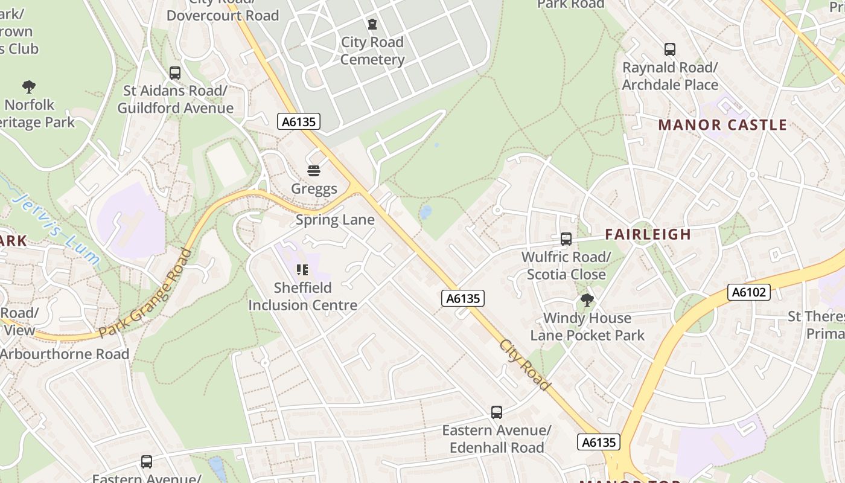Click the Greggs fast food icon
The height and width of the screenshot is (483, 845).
pos(313,171)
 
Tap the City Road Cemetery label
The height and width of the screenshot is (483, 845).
pos(372,51)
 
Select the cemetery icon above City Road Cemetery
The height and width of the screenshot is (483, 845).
pos(372,24)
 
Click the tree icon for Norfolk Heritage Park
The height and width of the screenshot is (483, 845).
pos(28,87)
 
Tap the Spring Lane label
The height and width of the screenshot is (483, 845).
pos(335,220)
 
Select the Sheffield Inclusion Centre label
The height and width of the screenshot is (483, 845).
pos(303,296)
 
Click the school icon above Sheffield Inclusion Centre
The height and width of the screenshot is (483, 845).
pos(302,270)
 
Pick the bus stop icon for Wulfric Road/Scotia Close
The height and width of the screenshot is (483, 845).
pos(566,239)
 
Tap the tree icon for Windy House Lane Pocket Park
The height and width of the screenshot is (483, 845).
pos(587,300)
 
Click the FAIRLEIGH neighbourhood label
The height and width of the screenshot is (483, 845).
pos(648,234)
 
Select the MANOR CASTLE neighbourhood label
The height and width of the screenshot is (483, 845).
pos(722,125)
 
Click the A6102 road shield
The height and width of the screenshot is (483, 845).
pos(748,293)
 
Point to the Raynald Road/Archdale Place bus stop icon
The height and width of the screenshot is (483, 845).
pos(670,50)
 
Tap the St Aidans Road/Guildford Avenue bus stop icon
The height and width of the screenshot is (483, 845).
pos(175,73)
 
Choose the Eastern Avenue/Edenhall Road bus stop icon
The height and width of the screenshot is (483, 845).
pos(497,412)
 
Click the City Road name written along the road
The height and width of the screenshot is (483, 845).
pos(525,365)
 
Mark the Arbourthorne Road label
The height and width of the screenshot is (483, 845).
pos(65,354)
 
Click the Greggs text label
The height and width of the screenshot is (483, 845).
pos(314,189)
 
